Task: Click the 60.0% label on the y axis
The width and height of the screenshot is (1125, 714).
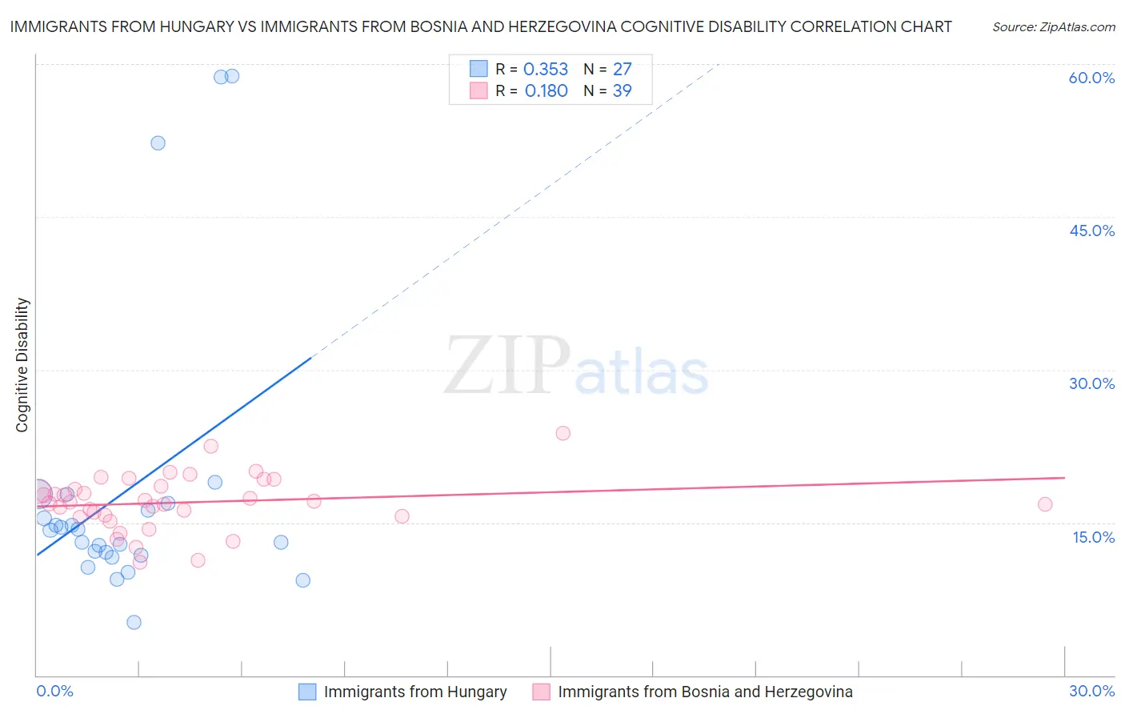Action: [x=1091, y=78]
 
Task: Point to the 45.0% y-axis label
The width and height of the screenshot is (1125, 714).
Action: [x=1091, y=231]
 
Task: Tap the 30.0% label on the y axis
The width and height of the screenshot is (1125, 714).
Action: [x=1091, y=383]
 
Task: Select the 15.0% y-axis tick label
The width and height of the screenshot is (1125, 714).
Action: [x=1093, y=537]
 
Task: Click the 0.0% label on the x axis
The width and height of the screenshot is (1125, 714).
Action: [x=55, y=691]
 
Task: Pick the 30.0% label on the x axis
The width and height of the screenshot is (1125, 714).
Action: [x=1091, y=691]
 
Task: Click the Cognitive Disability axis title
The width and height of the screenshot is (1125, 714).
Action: [x=22, y=365]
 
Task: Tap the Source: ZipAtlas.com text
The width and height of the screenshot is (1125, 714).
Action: [x=1053, y=27]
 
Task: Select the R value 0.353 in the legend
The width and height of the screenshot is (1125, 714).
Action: [x=546, y=70]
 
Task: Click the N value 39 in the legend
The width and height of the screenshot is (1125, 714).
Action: [x=622, y=91]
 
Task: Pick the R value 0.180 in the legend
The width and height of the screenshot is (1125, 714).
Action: [x=546, y=91]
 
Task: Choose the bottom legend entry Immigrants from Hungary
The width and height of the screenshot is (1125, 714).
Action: [x=414, y=692]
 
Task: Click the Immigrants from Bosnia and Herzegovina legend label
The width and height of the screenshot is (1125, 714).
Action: [x=704, y=692]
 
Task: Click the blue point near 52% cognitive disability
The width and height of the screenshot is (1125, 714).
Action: [x=158, y=143]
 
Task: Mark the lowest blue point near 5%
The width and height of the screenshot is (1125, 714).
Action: [x=134, y=623]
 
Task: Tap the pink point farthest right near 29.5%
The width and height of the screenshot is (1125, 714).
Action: [x=1045, y=504]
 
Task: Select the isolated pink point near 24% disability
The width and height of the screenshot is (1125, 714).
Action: [x=563, y=433]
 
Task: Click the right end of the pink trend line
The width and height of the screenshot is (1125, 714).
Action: [x=1064, y=478]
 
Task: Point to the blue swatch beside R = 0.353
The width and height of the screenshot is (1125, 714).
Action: [x=478, y=69]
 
